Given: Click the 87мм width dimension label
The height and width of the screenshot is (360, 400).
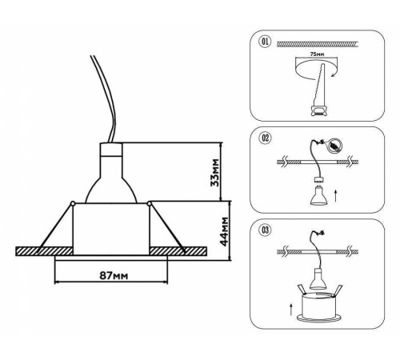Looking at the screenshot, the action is pyautogui.click(x=114, y=275).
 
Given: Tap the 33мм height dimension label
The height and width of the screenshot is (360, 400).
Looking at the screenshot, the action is pyautogui.click(x=214, y=173).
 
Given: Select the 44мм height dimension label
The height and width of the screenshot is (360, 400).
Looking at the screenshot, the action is pyautogui.click(x=224, y=231).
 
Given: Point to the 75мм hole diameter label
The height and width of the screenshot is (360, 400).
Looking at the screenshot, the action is pyautogui.click(x=317, y=54).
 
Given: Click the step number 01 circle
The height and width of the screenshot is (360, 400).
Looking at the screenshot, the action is pyautogui.click(x=265, y=42).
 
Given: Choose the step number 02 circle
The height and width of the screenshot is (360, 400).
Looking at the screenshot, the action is pyautogui.click(x=266, y=138).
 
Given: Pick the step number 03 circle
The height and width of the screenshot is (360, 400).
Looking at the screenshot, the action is pyautogui.click(x=265, y=230).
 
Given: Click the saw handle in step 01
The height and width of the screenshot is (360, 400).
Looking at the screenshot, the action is pyautogui.click(x=318, y=110).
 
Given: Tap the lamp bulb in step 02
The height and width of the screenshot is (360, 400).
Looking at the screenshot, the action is pyautogui.click(x=319, y=196).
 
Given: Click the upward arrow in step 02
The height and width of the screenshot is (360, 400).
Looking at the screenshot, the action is pyautogui.click(x=335, y=196).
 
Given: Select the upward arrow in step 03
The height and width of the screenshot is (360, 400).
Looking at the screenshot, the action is pyautogui.click(x=291, y=309).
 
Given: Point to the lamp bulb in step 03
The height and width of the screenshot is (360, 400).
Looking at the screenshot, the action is pyautogui.click(x=318, y=278).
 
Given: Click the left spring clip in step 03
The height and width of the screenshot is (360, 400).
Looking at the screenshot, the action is pyautogui.click(x=302, y=290).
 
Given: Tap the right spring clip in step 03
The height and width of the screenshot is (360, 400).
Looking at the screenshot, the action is pyautogui.click(x=337, y=290).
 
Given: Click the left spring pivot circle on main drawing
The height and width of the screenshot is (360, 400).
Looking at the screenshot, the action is pyautogui.click(x=73, y=204).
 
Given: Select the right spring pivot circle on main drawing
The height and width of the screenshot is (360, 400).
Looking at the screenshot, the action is pyautogui.click(x=149, y=204).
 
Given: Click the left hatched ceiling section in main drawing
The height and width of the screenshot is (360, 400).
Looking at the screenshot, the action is pyautogui.click(x=45, y=251).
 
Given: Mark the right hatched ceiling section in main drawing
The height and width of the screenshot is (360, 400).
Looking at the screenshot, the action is pyautogui.click(x=178, y=251).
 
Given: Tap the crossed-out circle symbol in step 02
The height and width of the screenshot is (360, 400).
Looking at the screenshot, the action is pyautogui.click(x=334, y=146).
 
